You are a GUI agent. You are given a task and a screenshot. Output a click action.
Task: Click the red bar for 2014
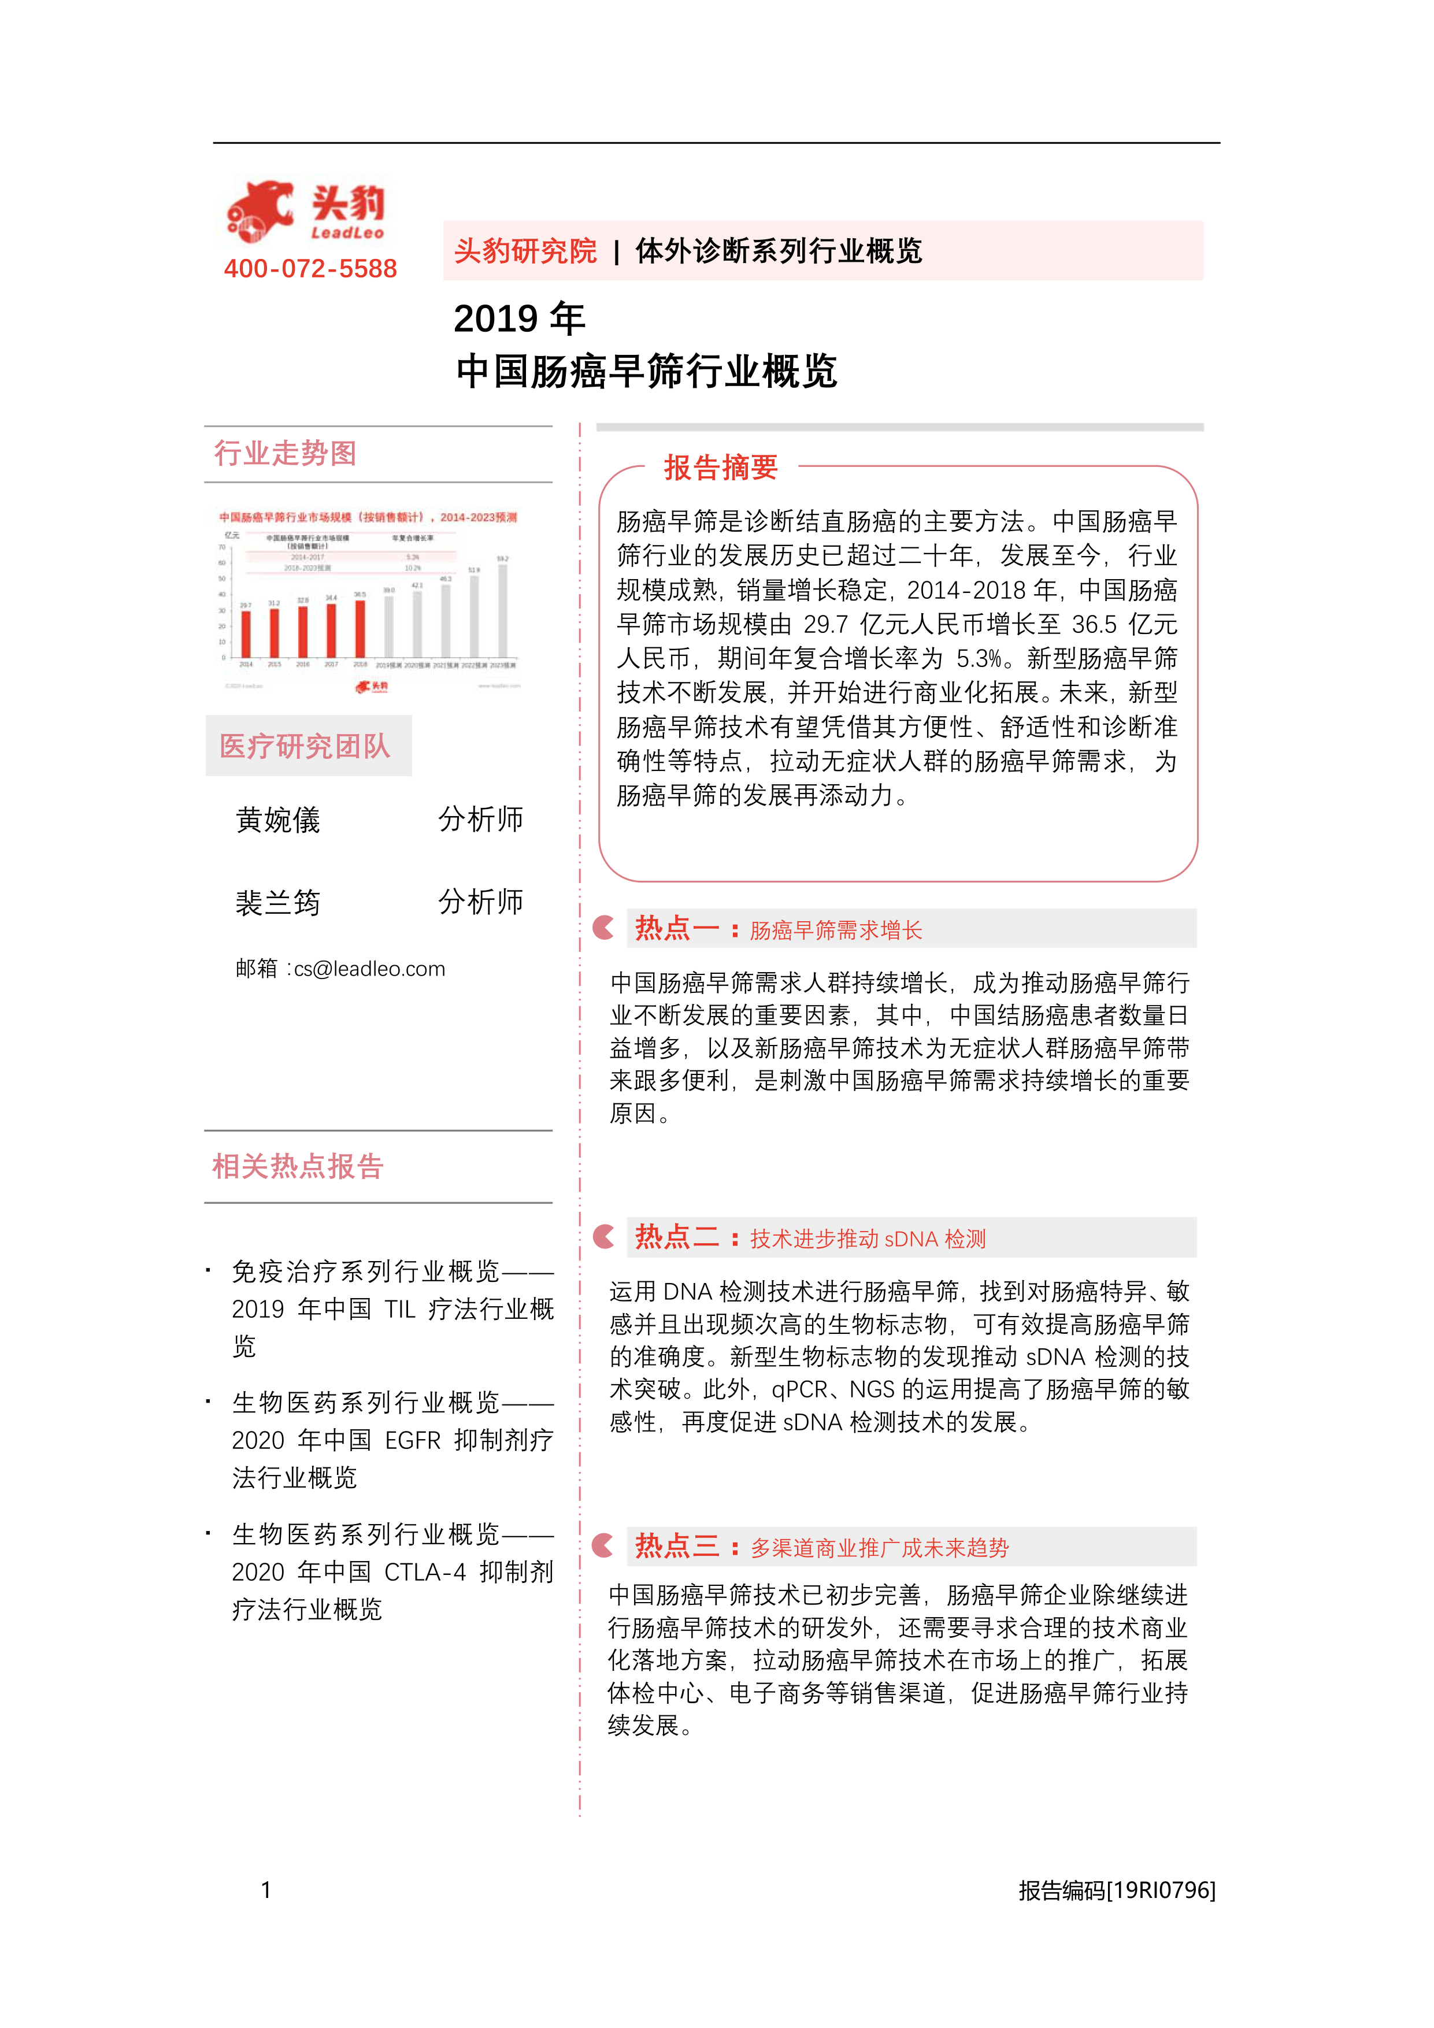(x=246, y=633)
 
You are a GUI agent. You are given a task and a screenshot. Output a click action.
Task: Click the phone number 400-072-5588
(x=310, y=269)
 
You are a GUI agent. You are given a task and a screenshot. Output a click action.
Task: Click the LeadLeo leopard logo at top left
(x=261, y=212)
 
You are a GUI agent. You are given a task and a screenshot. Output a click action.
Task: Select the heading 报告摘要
(x=720, y=467)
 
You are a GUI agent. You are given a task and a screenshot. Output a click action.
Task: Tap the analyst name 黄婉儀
(x=277, y=820)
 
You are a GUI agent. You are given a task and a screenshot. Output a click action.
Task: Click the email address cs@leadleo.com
(x=369, y=969)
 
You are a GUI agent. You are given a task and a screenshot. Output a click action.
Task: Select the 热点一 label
(x=676, y=928)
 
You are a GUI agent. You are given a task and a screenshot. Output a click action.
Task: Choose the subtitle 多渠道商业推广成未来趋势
(x=879, y=1548)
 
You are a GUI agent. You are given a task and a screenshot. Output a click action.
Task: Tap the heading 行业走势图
(x=286, y=453)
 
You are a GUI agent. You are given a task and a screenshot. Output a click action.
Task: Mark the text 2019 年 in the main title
(x=518, y=319)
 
